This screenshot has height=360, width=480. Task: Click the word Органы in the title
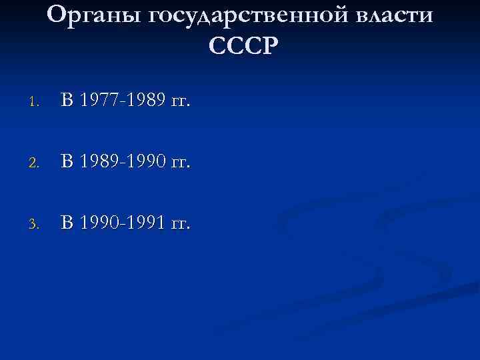[93, 15]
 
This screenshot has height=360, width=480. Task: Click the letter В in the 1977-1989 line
[68, 101]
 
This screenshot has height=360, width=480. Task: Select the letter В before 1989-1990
[68, 161]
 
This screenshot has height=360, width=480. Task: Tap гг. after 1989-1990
[179, 163]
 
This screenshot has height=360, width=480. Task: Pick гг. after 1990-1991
[179, 224]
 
